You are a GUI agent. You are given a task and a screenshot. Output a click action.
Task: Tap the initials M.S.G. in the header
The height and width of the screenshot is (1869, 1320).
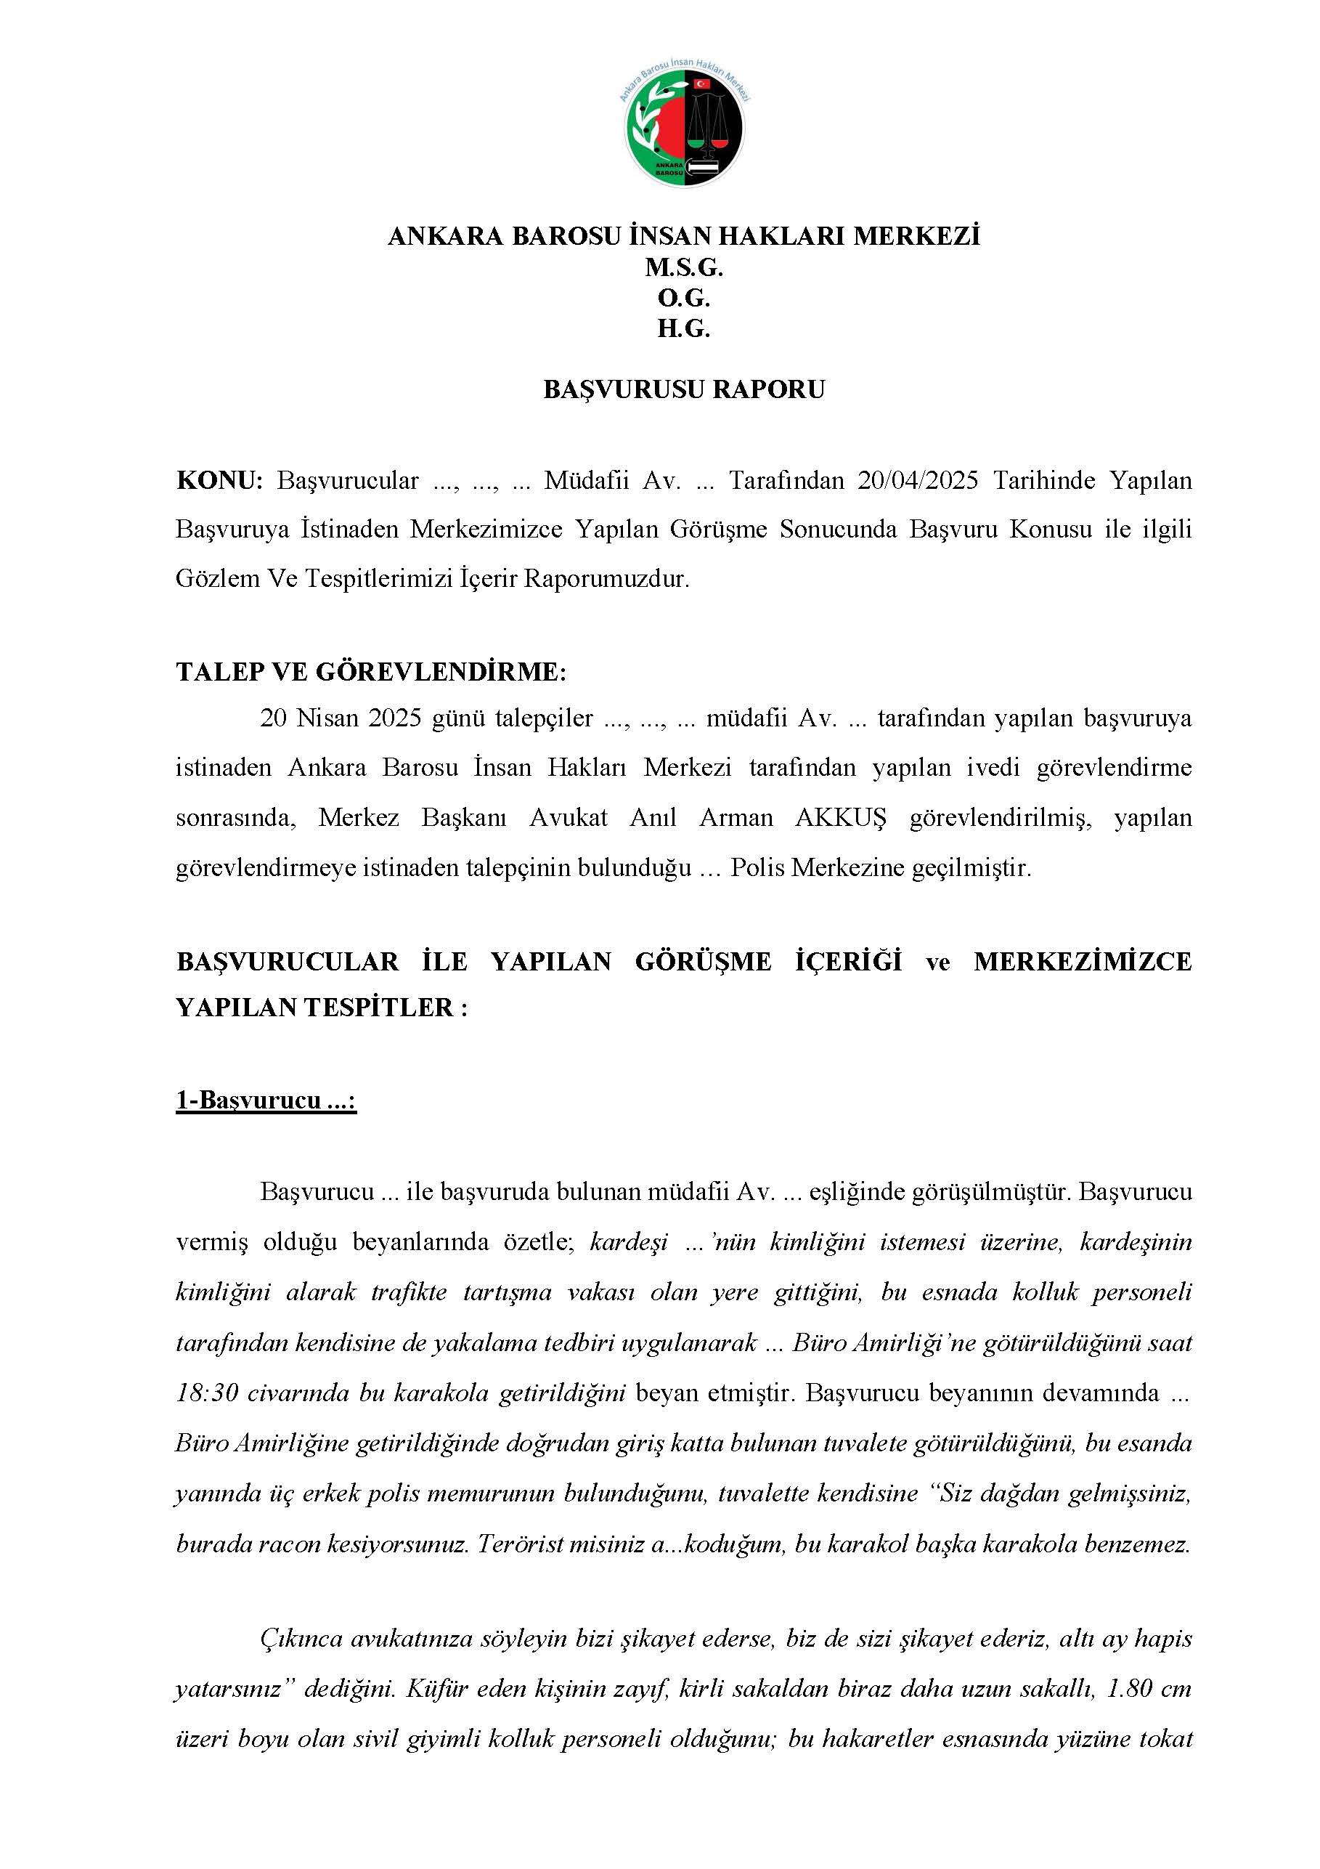(x=684, y=267)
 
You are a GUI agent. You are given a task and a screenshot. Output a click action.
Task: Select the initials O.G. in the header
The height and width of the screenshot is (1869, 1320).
(x=684, y=298)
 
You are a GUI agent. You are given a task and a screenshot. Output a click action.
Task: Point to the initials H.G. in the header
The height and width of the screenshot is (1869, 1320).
(x=684, y=329)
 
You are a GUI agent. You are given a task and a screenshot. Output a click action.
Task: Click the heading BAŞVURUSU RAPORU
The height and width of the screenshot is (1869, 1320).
(x=684, y=389)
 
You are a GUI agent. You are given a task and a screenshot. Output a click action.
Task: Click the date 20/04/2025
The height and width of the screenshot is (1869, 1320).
(x=917, y=480)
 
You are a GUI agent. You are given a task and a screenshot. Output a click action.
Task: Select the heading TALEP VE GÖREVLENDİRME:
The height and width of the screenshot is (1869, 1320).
(x=370, y=673)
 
